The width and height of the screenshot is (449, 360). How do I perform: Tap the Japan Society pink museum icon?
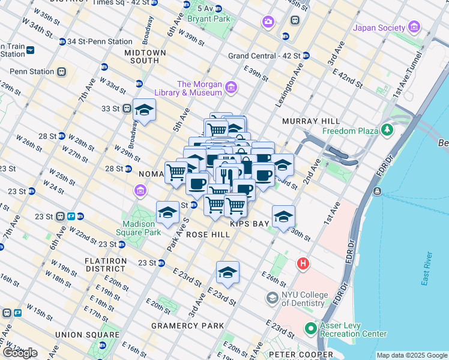click(414, 27)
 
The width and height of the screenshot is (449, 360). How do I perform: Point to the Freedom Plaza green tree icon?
click(387, 130)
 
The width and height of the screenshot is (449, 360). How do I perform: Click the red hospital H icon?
click(304, 263)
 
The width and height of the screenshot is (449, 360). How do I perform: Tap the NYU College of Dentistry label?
click(305, 299)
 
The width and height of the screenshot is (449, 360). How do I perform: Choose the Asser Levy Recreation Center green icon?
click(310, 328)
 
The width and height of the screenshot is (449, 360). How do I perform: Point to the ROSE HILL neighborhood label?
click(208, 235)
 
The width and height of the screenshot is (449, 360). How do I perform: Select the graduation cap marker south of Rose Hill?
click(228, 272)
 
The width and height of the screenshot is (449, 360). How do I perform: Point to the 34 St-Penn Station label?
click(100, 41)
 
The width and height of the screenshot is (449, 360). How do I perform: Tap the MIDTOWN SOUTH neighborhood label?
click(145, 56)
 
